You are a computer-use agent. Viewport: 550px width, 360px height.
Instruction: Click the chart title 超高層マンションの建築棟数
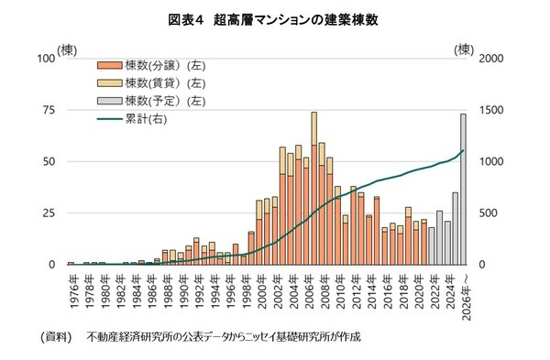point(275,19)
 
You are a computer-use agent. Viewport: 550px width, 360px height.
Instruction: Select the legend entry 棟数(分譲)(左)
point(150,66)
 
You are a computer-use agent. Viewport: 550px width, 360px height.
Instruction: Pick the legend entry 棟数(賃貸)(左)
point(150,83)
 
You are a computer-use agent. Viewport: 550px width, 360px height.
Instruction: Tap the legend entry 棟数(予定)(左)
point(150,101)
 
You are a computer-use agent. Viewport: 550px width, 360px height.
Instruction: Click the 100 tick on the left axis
point(45,58)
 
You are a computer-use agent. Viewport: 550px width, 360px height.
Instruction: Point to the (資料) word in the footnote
point(56,336)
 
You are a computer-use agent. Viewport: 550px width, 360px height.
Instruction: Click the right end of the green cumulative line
point(464,150)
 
